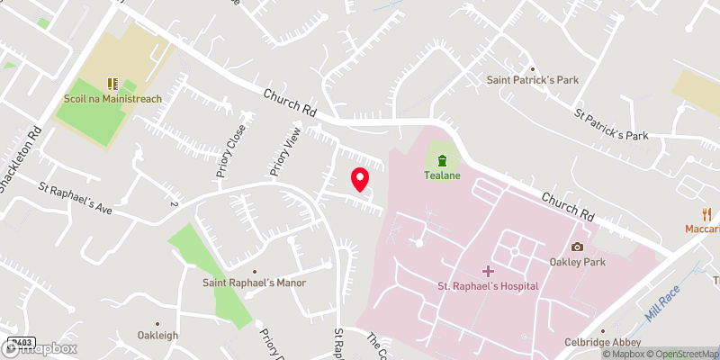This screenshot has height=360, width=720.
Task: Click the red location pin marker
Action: tap(360, 179)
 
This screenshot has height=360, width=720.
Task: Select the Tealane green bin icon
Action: tap(442, 161)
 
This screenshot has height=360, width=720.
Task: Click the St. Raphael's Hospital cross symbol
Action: tap(488, 271)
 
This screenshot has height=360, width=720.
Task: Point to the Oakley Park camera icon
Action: tap(577, 247)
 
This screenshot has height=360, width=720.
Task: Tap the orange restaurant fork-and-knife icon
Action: tap(706, 214)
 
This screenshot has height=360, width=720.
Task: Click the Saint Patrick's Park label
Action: tap(532, 80)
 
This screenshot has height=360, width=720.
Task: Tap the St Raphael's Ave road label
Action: tap(75, 200)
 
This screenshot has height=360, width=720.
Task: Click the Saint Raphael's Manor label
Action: tap(255, 283)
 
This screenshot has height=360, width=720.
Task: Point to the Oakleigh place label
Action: tap(158, 337)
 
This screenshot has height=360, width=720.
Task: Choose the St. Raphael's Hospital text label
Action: tap(488, 286)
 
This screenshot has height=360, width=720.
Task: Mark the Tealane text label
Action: tap(442, 175)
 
